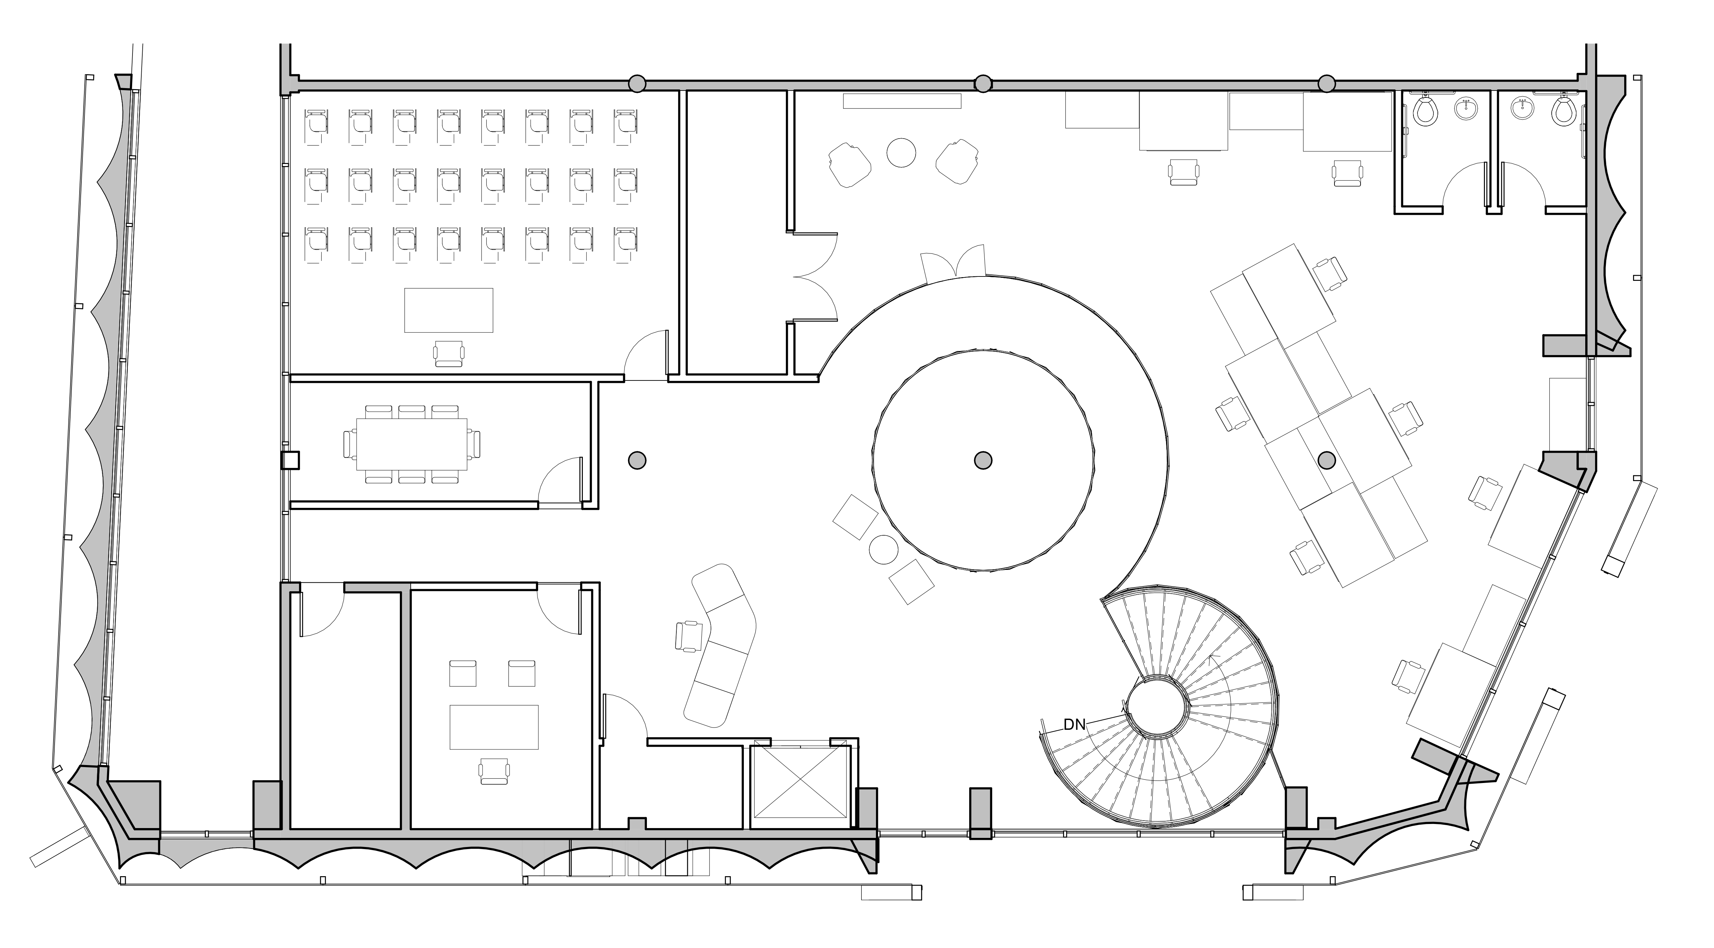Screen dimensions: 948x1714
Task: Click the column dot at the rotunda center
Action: click(x=983, y=460)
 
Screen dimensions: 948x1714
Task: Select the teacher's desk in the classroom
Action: click(x=448, y=310)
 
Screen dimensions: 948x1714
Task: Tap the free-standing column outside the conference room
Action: click(x=637, y=460)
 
